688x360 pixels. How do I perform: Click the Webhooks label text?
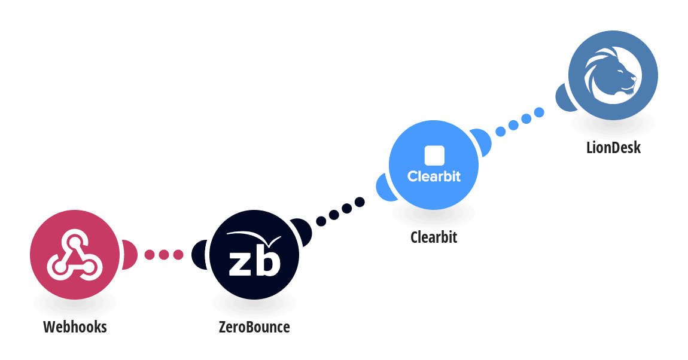(75, 327)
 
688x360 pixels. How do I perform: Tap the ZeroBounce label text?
(254, 327)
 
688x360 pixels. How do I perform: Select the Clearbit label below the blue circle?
(434, 237)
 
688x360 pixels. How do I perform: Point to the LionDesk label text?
(613, 147)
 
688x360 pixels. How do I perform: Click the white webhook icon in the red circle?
(75, 255)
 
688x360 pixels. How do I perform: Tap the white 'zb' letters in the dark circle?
(254, 262)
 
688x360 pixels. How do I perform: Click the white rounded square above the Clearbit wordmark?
(434, 155)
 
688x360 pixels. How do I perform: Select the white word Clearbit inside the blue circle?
(434, 176)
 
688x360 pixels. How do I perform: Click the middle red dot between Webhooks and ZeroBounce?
(164, 255)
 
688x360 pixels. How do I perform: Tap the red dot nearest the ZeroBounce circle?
(178, 255)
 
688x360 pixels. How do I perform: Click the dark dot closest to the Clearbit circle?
(360, 202)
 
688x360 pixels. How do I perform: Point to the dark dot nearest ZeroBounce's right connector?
(321, 221)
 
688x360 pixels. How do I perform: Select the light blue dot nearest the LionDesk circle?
(539, 112)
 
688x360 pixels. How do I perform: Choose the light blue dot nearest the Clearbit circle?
(501, 132)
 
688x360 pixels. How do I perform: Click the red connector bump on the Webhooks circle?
(129, 255)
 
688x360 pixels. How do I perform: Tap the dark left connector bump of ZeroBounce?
(200, 255)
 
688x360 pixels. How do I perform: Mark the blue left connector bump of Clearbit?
(385, 188)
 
